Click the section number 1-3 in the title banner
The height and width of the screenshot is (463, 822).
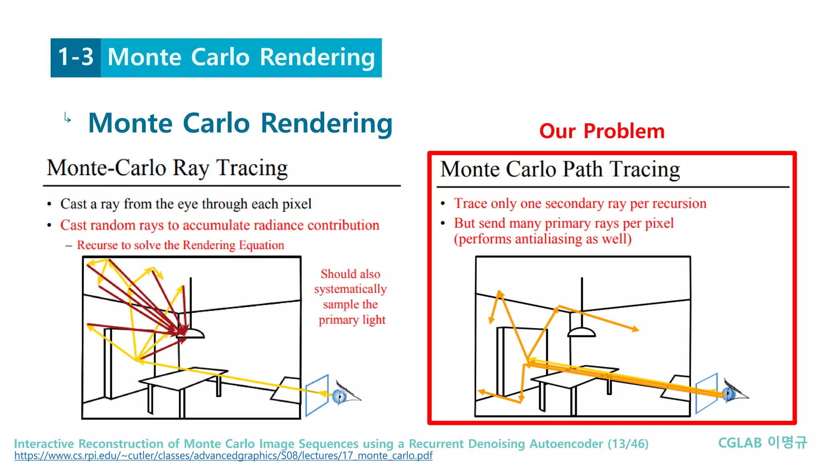(x=75, y=57)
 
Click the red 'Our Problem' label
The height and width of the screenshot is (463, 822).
(x=602, y=131)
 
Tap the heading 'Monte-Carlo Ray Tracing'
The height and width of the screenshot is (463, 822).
(x=167, y=168)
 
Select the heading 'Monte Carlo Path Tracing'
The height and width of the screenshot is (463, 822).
(x=560, y=169)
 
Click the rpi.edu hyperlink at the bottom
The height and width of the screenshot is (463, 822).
(x=223, y=456)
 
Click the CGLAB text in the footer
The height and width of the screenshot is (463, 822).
(x=739, y=443)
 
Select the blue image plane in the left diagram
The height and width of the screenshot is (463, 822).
(x=317, y=395)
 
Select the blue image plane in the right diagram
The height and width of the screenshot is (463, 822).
(x=706, y=393)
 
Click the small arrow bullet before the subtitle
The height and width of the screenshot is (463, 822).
(x=67, y=118)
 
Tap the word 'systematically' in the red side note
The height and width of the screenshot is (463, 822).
(x=350, y=289)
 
